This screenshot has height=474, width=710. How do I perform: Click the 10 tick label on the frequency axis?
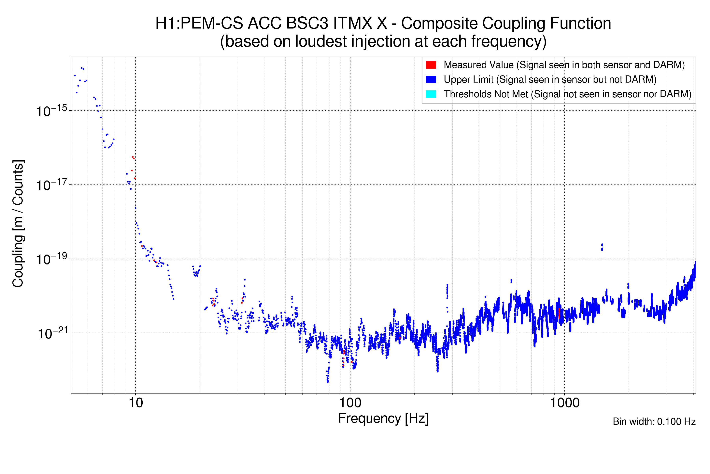coord(135,403)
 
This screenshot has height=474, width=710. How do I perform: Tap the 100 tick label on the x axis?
coord(350,403)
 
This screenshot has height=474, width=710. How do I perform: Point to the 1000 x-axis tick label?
coord(564,403)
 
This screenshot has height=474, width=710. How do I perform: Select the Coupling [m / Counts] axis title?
coord(18,224)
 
